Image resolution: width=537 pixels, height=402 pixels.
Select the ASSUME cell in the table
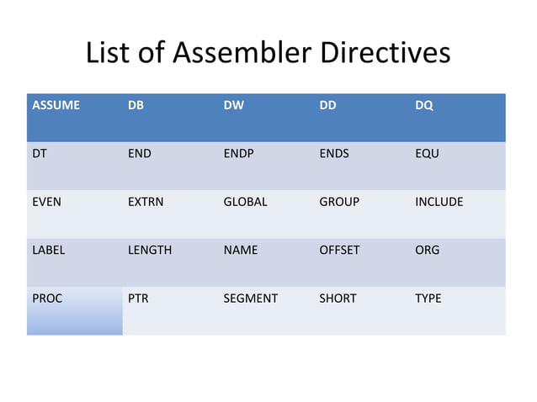pyautogui.click(x=56, y=107)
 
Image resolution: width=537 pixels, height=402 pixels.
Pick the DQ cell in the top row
pyautogui.click(x=424, y=107)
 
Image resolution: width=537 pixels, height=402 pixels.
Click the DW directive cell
pyautogui.click(x=233, y=107)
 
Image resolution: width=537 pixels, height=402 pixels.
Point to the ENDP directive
pyautogui.click(x=240, y=155)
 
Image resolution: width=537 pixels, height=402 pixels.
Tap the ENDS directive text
pyautogui.click(x=334, y=155)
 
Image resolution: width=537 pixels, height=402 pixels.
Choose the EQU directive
pyautogui.click(x=427, y=155)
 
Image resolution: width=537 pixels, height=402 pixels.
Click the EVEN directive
pyautogui.click(x=46, y=202)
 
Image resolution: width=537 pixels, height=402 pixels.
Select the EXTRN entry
pyautogui.click(x=146, y=202)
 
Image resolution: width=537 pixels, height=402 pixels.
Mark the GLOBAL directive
pyautogui.click(x=245, y=202)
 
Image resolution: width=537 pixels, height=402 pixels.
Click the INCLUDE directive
pyautogui.click(x=439, y=202)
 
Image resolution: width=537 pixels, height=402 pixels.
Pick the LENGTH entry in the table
pyautogui.click(x=149, y=250)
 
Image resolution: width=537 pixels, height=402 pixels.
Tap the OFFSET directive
pyautogui.click(x=339, y=250)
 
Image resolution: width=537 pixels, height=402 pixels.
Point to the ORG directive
pyautogui.click(x=427, y=250)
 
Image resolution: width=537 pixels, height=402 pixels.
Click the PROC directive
pyautogui.click(x=47, y=299)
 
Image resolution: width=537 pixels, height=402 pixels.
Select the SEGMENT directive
pyautogui.click(x=250, y=299)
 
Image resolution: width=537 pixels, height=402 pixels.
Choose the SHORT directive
pyautogui.click(x=338, y=299)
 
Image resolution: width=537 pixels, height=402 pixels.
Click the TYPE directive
pyautogui.click(x=428, y=299)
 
